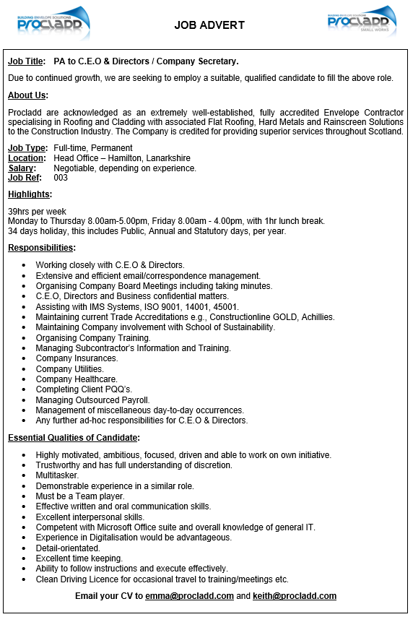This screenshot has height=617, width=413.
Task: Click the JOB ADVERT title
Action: click(x=209, y=25)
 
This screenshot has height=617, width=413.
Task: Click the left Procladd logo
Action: click(x=54, y=23)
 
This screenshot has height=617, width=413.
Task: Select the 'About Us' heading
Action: click(x=27, y=95)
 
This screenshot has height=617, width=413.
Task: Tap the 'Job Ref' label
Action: click(x=25, y=178)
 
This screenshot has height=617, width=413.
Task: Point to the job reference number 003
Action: click(x=61, y=178)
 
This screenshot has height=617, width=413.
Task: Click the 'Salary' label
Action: click(x=22, y=168)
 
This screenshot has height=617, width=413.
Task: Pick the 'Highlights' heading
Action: click(x=30, y=194)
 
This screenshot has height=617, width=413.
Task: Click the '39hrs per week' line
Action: click(x=37, y=211)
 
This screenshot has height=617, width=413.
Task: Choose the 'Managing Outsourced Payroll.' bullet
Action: click(x=92, y=400)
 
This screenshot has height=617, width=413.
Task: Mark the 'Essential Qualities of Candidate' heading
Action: click(x=74, y=438)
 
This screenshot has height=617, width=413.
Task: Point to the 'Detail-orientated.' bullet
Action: click(x=68, y=548)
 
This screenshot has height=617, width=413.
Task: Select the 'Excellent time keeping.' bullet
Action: click(x=79, y=558)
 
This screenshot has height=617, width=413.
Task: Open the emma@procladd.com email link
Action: click(x=189, y=596)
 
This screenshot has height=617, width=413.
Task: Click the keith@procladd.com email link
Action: click(x=295, y=596)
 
